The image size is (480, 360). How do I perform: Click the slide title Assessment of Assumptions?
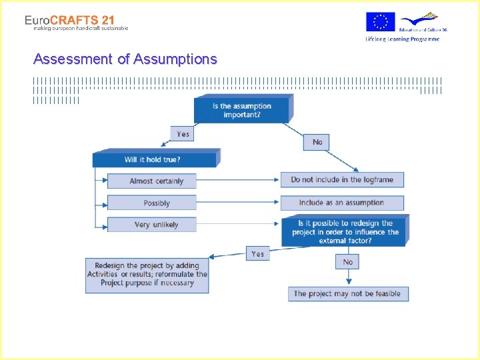125,59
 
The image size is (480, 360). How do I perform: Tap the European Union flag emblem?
381,22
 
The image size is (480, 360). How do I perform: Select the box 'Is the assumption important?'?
241,110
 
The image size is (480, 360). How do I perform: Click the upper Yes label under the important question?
183,134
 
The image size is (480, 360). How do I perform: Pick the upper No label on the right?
317,142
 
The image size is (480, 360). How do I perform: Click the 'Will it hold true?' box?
153,159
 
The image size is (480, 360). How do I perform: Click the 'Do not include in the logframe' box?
342,180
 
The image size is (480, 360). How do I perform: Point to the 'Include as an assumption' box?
342,203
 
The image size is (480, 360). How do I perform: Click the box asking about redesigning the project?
345,231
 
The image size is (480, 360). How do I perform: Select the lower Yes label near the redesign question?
258,254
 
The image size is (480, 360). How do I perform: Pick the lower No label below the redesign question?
347,262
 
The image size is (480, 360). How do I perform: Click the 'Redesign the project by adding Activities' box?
147,274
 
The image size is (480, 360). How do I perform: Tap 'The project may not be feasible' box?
347,293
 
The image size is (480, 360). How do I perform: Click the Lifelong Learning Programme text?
402,39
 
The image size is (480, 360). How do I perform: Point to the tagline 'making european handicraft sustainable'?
81,28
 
